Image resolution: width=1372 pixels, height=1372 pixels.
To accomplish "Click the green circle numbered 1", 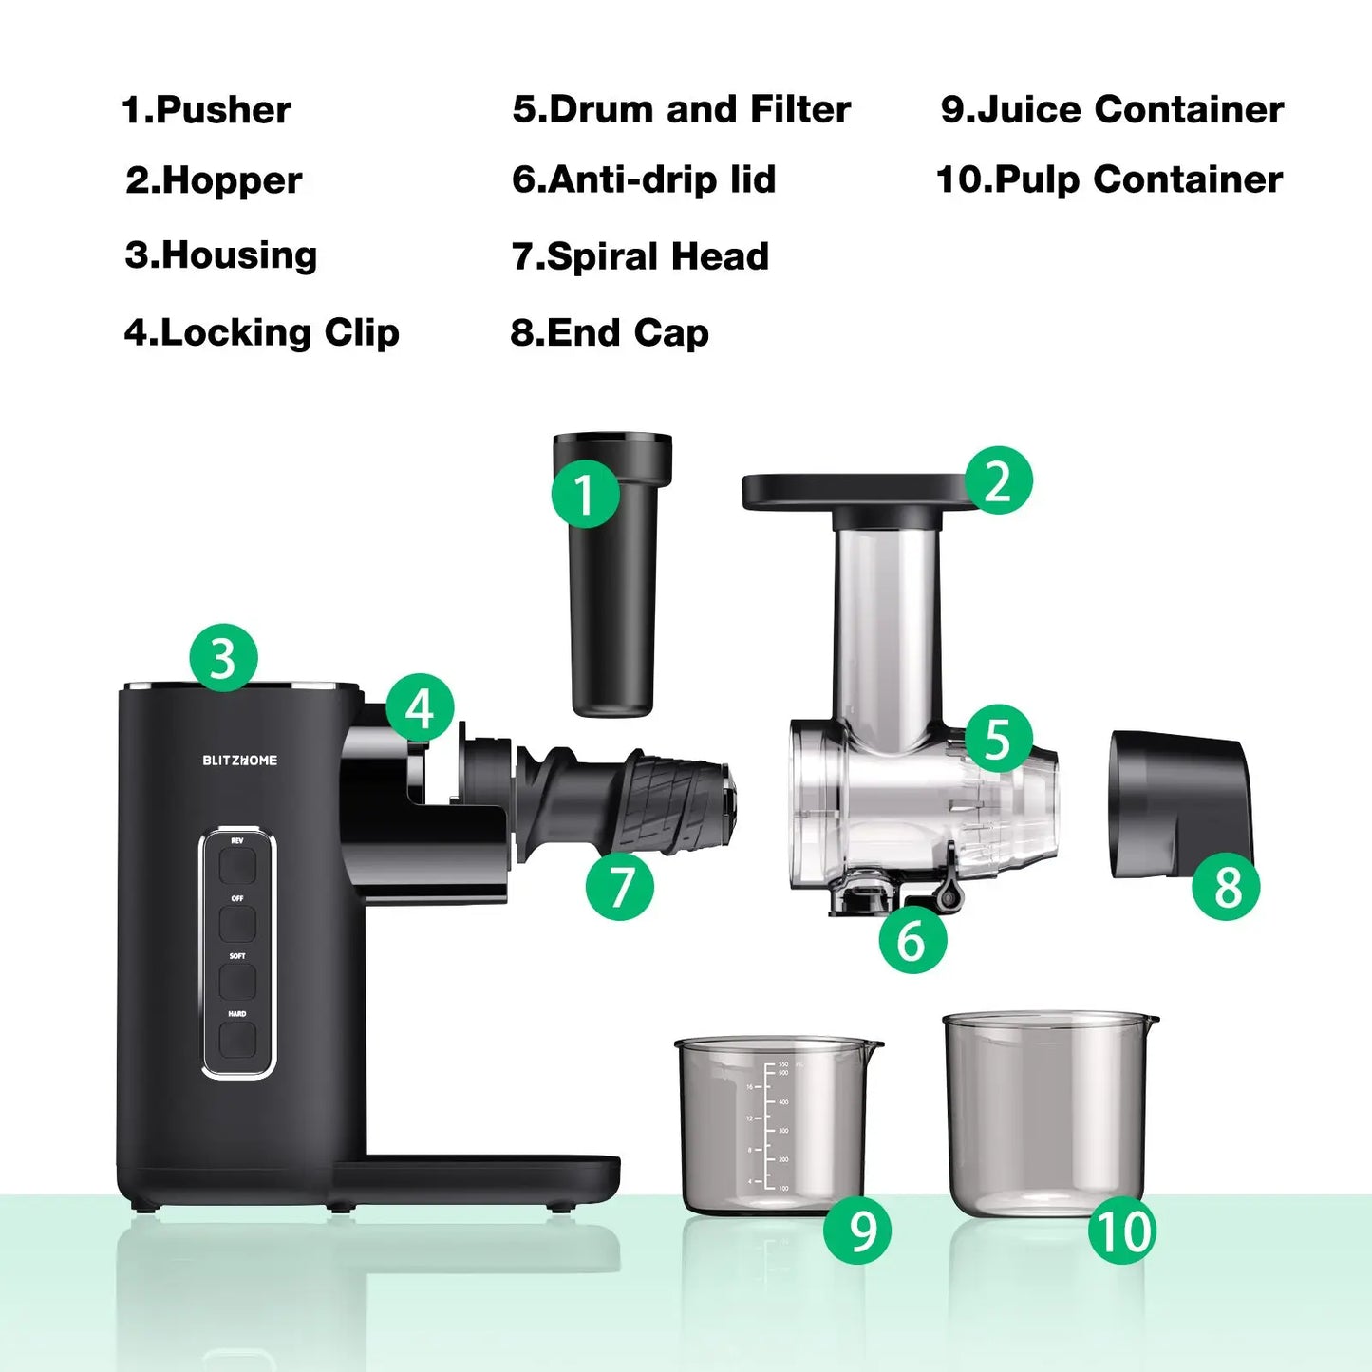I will (585, 494).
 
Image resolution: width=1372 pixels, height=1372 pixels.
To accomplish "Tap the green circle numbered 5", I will (998, 738).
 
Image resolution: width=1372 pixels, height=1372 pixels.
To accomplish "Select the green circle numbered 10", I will (1122, 1231).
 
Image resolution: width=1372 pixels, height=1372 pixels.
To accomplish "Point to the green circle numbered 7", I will (620, 886).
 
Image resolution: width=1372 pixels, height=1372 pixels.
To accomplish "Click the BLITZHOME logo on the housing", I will (240, 760).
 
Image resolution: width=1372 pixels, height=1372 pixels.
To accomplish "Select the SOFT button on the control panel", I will (237, 981).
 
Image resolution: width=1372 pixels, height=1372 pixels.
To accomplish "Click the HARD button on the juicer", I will (237, 1040).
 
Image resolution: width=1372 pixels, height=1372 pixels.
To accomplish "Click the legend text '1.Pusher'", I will (207, 110).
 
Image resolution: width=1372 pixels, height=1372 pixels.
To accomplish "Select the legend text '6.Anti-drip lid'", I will (644, 179).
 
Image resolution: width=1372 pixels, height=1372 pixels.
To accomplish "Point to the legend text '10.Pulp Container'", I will (1109, 179).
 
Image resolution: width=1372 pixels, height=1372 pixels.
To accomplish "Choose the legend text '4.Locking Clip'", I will (262, 332).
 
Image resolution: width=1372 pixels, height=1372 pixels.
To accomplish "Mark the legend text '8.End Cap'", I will (610, 333).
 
